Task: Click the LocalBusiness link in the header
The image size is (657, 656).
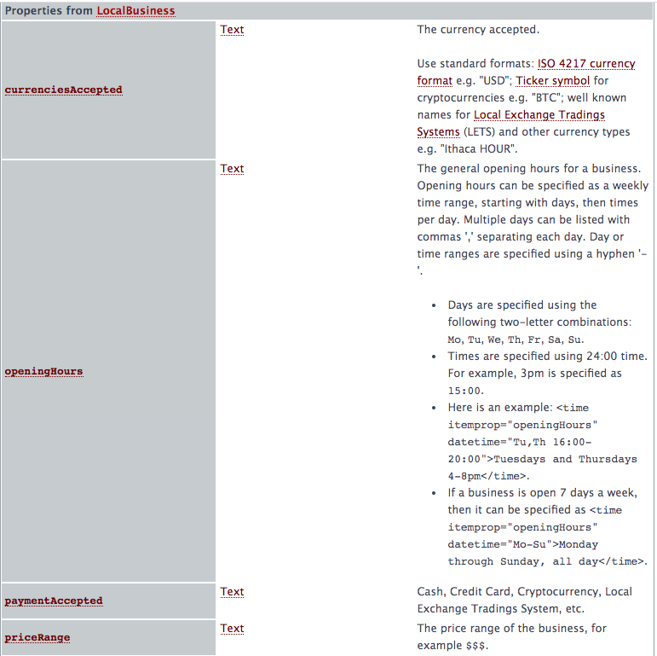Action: (x=135, y=10)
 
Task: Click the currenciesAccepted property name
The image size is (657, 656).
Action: (x=64, y=90)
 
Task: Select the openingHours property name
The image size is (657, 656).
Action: (x=43, y=372)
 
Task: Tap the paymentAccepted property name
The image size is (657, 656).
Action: (x=54, y=601)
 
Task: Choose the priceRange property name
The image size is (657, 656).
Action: (x=37, y=637)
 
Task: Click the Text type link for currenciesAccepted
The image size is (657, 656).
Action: (x=232, y=29)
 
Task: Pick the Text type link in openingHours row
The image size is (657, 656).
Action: (x=232, y=168)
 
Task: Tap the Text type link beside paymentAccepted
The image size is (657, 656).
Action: (x=232, y=591)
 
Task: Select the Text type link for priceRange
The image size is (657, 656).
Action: (x=232, y=628)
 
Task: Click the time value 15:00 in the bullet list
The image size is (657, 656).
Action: (x=465, y=391)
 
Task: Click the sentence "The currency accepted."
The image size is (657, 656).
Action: (x=478, y=29)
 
